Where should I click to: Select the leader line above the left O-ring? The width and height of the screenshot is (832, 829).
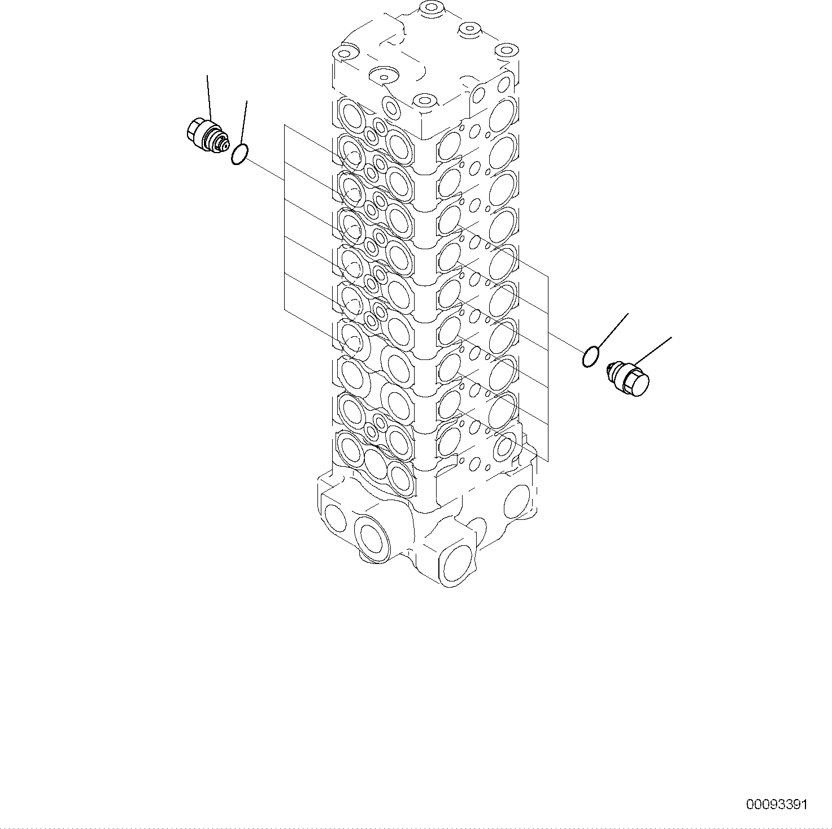click(x=243, y=122)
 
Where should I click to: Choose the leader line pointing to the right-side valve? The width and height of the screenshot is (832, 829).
click(x=653, y=350)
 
